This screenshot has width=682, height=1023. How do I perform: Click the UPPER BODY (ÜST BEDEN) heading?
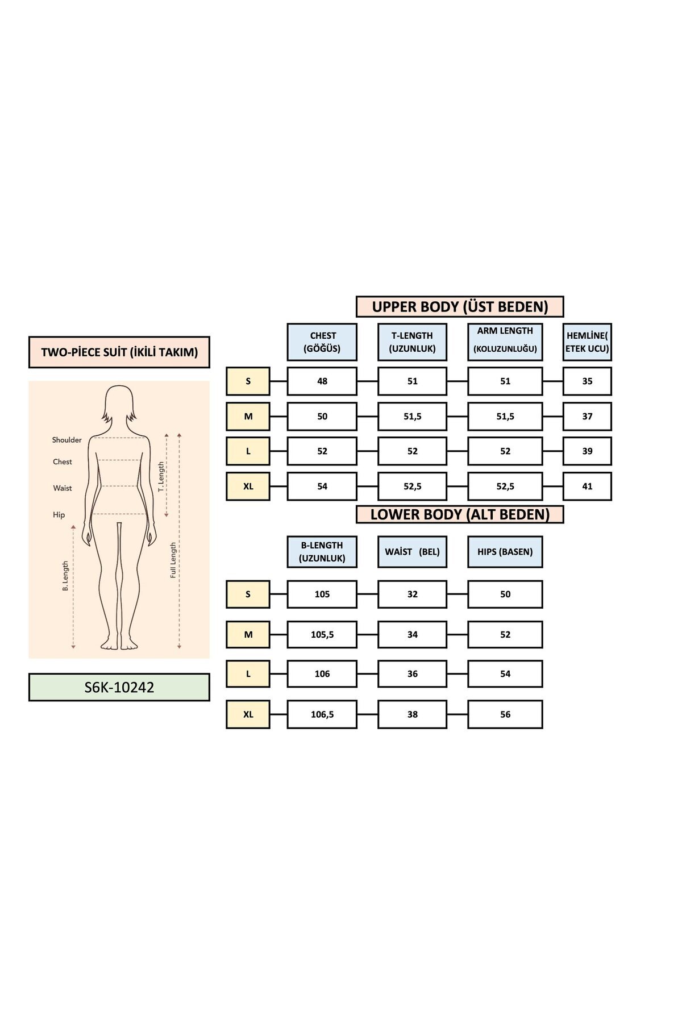click(460, 307)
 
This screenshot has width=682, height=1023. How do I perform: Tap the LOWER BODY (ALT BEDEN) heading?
click(460, 514)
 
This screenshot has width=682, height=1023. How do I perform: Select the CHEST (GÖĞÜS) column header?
click(322, 342)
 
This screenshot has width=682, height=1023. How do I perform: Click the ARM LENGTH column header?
click(505, 340)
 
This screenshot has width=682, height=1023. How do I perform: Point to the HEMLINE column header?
click(587, 342)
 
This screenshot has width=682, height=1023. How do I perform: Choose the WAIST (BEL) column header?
click(412, 552)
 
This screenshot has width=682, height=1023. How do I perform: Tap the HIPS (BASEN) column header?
click(505, 552)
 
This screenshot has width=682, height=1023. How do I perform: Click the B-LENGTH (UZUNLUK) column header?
click(322, 552)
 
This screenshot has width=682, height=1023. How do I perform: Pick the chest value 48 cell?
click(322, 381)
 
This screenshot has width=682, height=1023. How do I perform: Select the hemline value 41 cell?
click(587, 486)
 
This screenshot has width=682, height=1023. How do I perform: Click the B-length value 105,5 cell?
click(322, 635)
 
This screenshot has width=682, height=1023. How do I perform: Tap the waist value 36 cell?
click(412, 674)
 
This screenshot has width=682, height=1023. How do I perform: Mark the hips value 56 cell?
click(505, 714)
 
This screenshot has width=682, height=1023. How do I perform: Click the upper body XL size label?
click(248, 486)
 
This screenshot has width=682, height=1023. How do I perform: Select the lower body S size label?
click(248, 594)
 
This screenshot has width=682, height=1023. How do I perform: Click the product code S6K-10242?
click(119, 687)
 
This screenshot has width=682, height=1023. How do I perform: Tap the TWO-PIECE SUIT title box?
click(119, 352)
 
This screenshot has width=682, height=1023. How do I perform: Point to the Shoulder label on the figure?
click(66, 440)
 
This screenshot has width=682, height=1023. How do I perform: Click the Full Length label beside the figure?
click(173, 560)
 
